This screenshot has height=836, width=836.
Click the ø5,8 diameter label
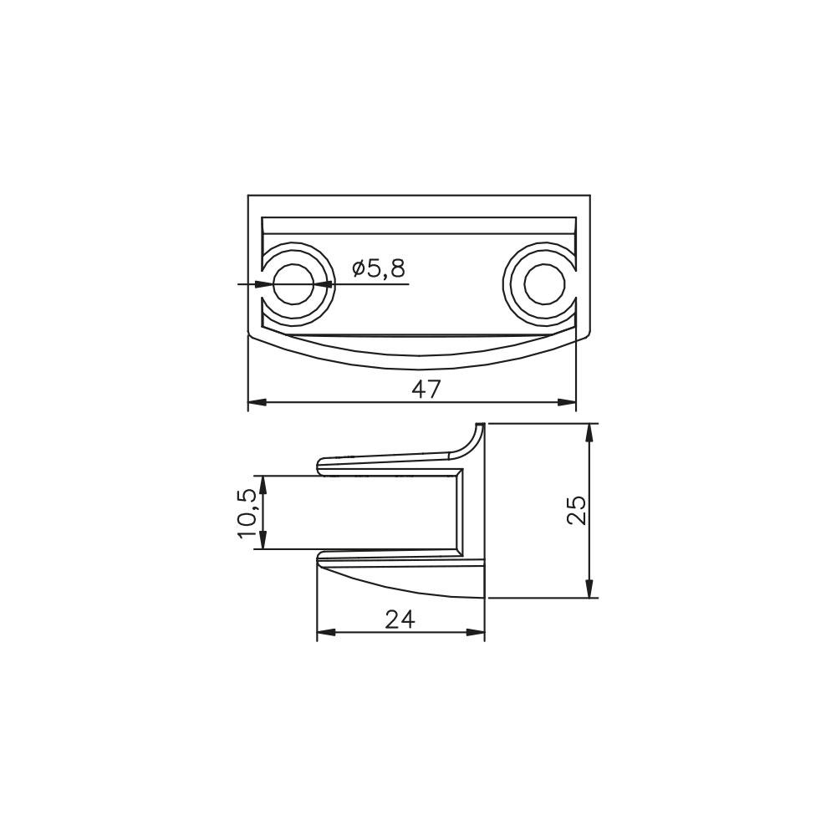coord(379,269)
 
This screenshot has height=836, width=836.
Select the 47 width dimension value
coord(426,390)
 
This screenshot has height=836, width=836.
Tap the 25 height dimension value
coord(576,510)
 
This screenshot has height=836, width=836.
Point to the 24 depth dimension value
coord(400,619)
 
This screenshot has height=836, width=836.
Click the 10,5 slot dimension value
coord(248,514)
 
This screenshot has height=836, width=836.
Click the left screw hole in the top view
coord(293,284)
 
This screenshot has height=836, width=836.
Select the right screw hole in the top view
coord(544,284)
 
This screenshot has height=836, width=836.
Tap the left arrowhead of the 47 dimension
coord(257,402)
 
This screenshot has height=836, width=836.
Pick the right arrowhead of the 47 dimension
coord(567,402)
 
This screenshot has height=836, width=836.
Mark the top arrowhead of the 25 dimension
coord(589,432)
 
